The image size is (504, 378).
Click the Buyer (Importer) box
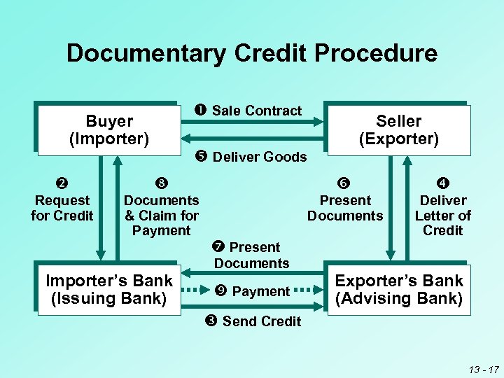(x=108, y=130)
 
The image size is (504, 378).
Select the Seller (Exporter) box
(x=398, y=130)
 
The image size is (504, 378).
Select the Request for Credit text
(x=62, y=208)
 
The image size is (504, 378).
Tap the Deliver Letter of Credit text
(x=444, y=216)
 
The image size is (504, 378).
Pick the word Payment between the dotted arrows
(x=260, y=291)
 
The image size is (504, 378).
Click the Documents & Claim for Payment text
(x=162, y=216)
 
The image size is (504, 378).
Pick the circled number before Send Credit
(x=211, y=321)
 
